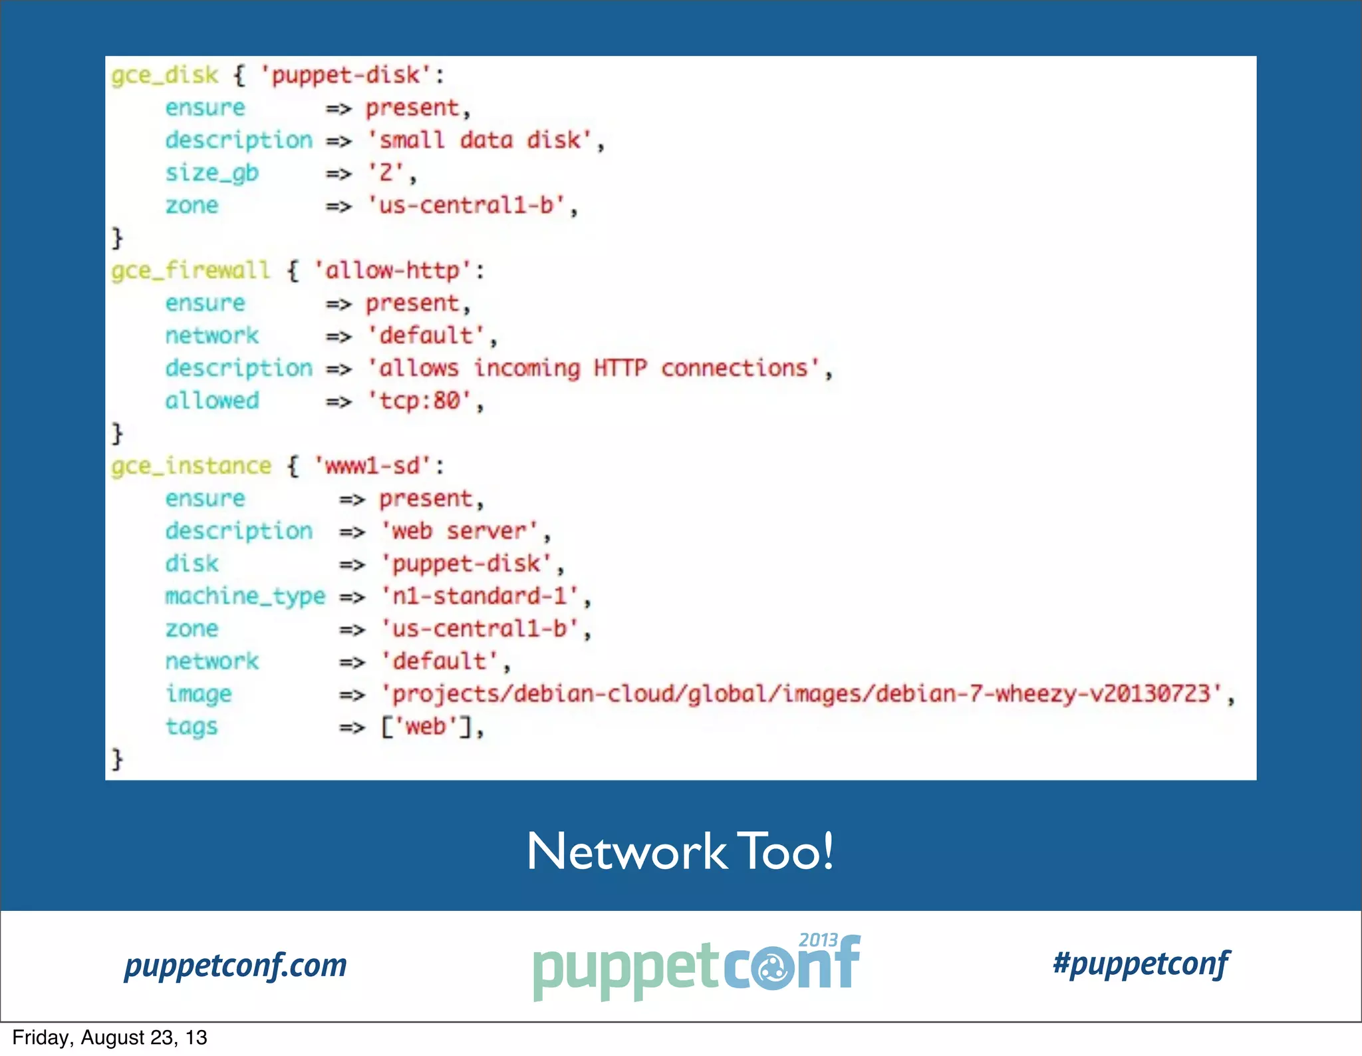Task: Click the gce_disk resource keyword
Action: tap(164, 75)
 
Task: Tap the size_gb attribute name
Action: tap(211, 173)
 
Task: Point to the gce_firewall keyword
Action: tap(191, 270)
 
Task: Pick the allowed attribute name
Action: tap(211, 401)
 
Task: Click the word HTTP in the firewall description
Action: tap(620, 368)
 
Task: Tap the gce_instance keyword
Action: tap(191, 466)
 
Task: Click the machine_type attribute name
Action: tap(245, 596)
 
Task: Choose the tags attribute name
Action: tap(192, 727)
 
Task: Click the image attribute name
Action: tap(198, 694)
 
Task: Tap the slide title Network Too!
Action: tap(680, 851)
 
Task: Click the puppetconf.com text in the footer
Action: tap(235, 966)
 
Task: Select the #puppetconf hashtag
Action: tap(1141, 964)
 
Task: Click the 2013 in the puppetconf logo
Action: tap(818, 940)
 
